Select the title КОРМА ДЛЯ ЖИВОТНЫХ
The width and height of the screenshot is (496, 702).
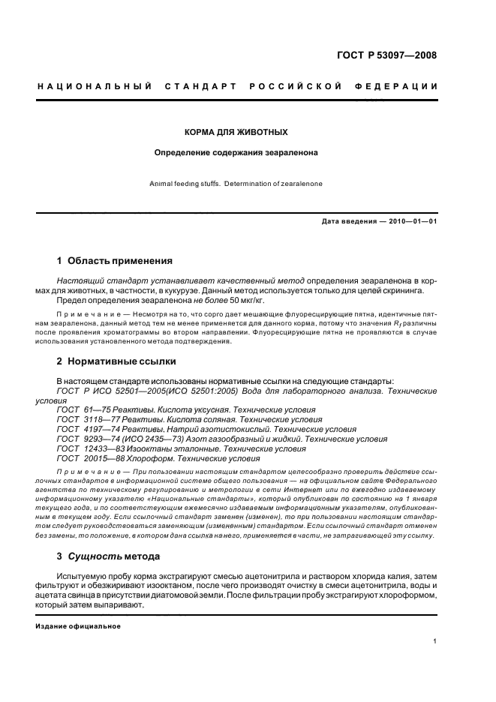[x=236, y=132]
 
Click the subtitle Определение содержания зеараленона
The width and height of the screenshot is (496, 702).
[x=236, y=152]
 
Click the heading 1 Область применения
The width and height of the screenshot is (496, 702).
[x=115, y=261]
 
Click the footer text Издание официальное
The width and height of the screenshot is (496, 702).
[x=79, y=626]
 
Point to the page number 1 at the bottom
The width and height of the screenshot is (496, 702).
[x=435, y=641]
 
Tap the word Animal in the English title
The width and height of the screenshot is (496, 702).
[x=161, y=182]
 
